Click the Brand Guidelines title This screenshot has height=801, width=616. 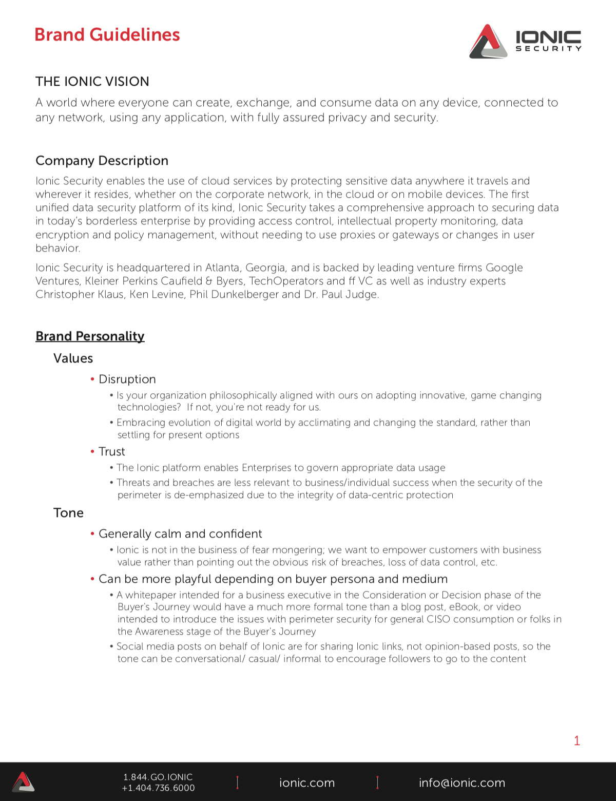click(107, 35)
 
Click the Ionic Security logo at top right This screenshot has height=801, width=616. click(525, 41)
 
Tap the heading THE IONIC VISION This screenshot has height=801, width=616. click(92, 82)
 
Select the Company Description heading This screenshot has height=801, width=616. click(102, 161)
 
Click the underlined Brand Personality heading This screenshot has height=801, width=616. click(90, 336)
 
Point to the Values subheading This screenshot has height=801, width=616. click(73, 358)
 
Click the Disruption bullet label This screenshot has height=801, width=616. click(127, 379)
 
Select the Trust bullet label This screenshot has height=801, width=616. click(111, 452)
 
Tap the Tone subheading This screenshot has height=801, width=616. click(68, 513)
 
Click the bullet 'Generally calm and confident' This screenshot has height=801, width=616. click(180, 534)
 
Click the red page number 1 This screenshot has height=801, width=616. click(577, 740)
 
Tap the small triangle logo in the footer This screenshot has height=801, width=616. click(23, 782)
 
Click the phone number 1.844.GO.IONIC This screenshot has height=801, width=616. click(158, 777)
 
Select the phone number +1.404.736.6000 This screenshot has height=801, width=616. click(158, 788)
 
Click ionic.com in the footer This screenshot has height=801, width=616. click(307, 783)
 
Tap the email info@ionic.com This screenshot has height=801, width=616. click(462, 783)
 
